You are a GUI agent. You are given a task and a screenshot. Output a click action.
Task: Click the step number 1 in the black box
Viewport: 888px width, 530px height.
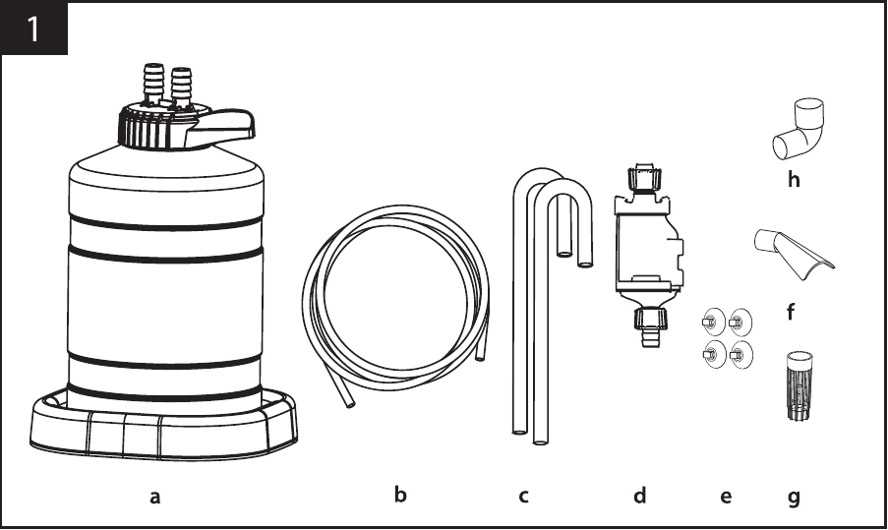coord(32,29)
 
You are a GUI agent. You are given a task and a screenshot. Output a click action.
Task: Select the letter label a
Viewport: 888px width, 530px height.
coord(154,498)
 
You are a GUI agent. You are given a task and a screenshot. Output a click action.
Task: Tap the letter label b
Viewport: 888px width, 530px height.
coord(400,495)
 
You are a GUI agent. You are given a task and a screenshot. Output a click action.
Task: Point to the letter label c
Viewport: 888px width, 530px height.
coord(523,497)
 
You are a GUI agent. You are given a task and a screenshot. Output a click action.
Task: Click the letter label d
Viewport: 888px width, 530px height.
coord(639,495)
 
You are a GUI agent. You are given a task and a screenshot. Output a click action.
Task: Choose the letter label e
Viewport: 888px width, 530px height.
coord(726,498)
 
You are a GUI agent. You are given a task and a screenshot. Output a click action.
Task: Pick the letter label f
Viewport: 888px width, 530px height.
coord(791,311)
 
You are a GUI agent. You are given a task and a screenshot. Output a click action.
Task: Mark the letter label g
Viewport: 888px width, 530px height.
coord(794,499)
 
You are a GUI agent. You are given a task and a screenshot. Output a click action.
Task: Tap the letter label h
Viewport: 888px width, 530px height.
coord(794,179)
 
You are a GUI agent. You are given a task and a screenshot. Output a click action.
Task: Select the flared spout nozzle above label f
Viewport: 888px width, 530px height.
coord(792,254)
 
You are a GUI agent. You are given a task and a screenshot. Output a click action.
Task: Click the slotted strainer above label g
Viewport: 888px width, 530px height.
coord(799,385)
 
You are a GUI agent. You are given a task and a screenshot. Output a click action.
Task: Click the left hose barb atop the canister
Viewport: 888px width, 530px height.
coord(153,84)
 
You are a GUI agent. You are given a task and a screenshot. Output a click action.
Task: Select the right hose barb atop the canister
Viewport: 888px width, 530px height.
coord(181,87)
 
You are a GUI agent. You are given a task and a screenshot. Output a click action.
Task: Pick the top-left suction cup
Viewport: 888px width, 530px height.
coord(712,323)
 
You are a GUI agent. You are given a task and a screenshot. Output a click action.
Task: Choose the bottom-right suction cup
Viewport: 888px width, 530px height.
coord(740,355)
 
